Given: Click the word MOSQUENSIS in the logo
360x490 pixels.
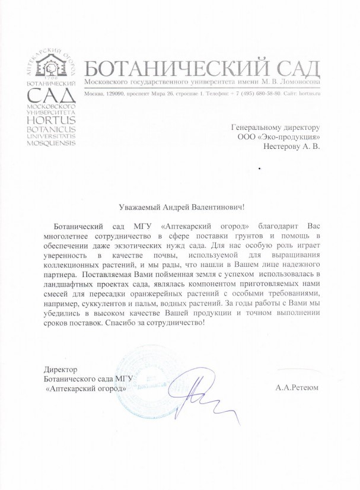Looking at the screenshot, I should tap(52, 144).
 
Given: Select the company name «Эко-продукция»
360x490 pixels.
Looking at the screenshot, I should tap(292, 137).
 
